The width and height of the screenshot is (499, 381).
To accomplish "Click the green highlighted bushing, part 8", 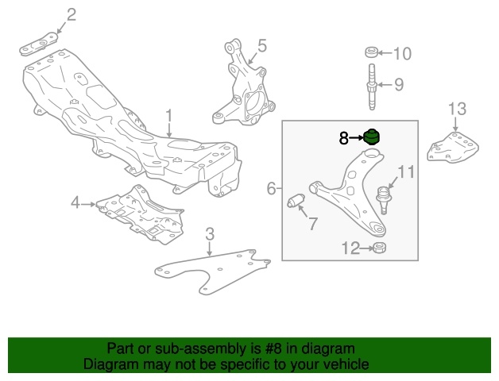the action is tap(372, 137).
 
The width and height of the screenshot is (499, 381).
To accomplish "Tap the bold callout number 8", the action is tap(344, 138).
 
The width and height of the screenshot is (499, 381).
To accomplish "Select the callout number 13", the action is tap(458, 109).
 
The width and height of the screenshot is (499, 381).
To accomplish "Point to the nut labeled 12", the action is tap(379, 248).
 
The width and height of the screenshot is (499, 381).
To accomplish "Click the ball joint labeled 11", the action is tap(385, 200).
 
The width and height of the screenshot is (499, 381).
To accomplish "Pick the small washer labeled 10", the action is tap(371, 52).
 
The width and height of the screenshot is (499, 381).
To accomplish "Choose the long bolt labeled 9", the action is tap(372, 87).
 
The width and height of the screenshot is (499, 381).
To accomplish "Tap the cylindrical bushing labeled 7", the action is tap(296, 201).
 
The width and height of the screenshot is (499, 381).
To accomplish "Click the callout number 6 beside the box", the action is tap(271, 189).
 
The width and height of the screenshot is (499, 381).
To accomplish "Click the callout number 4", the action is tap(75, 202).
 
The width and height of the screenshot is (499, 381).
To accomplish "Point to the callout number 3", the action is tap(210, 234).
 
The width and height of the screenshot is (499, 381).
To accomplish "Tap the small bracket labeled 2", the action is tap(38, 44).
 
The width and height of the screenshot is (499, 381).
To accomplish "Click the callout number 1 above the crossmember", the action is tap(168, 116).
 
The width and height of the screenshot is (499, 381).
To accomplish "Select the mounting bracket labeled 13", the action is tap(453, 147).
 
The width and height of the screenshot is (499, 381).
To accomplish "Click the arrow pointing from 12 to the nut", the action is tap(366, 248).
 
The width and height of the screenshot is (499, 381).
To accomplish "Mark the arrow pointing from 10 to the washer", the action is tap(385, 53).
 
